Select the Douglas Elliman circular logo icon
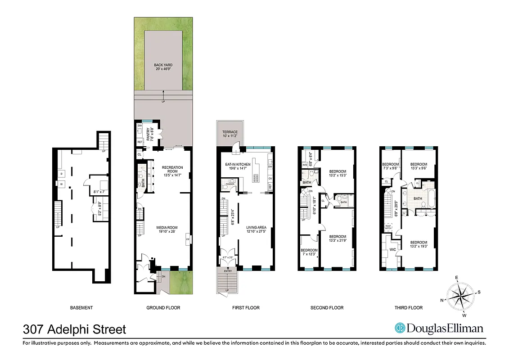coord(400,328)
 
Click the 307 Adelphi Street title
coord(74,330)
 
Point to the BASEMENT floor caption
coord(81,308)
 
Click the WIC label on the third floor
coord(392,249)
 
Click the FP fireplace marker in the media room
coord(188,239)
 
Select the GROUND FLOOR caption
coord(163,308)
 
